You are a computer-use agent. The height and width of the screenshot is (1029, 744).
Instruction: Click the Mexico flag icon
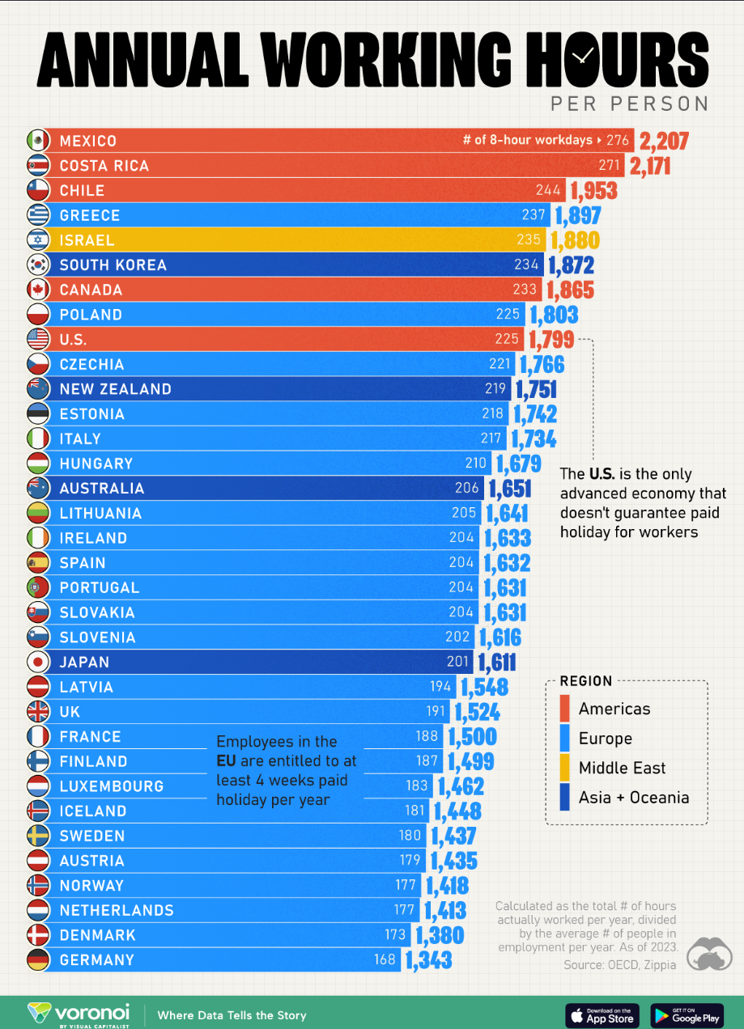pos(38,141)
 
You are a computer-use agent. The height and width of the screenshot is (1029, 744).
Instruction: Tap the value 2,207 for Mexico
pos(664,142)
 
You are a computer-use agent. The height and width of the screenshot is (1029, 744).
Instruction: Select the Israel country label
pos(87,240)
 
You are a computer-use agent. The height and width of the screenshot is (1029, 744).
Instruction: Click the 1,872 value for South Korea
pos(571,265)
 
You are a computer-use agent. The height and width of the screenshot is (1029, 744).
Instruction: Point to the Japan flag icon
pos(38,662)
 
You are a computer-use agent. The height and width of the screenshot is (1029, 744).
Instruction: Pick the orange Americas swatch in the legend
pos(565,709)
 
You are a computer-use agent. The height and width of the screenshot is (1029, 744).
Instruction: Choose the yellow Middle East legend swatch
pos(565,768)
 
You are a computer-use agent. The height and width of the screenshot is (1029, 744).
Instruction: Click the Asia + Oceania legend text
pos(634,798)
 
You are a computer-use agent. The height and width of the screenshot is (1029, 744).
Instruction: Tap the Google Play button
pos(686,1014)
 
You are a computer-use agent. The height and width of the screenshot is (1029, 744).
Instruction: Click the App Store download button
pos(602,1014)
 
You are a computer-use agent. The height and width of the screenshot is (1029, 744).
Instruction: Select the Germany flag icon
pos(38,960)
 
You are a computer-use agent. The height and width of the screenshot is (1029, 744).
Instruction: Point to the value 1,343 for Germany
pos(428,960)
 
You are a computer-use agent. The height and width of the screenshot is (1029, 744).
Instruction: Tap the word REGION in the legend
pos(586,681)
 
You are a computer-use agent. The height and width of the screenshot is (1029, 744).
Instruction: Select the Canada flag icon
pos(38,290)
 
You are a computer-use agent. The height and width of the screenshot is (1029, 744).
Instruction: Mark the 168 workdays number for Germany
pos(385,960)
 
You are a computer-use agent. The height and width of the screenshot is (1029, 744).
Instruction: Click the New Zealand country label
pos(115,389)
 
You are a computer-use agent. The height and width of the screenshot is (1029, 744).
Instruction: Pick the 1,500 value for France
pos(472,737)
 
